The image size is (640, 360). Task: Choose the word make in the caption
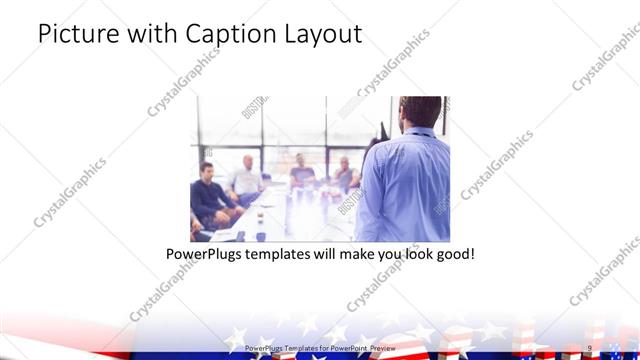click(352, 254)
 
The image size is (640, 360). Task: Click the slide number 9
click(590, 348)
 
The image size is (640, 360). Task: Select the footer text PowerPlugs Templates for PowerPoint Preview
click(320, 348)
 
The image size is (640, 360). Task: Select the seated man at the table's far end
click(302, 175)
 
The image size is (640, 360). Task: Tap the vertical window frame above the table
click(262, 140)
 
